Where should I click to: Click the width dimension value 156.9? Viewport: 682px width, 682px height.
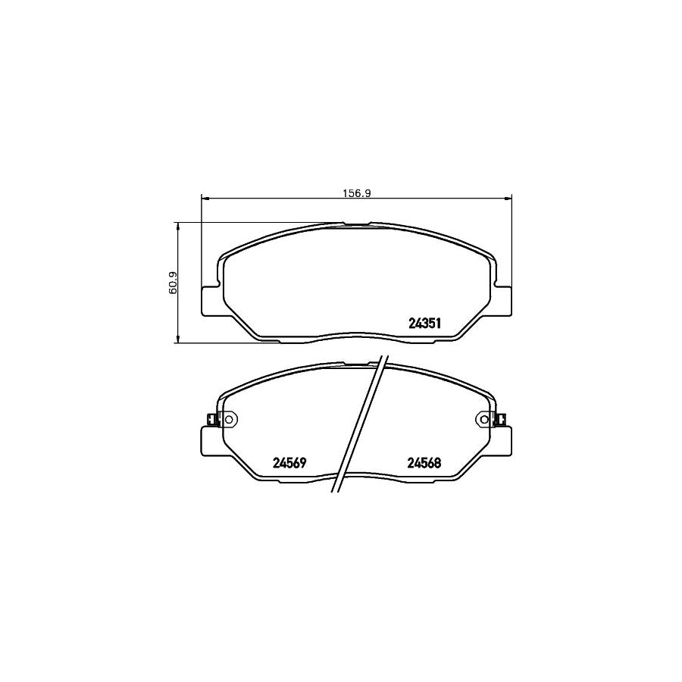click(x=356, y=193)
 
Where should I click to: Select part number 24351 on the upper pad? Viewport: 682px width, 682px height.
click(x=424, y=323)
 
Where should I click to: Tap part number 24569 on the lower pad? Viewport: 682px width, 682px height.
click(x=288, y=463)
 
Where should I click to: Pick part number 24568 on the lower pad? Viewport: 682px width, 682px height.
click(x=424, y=463)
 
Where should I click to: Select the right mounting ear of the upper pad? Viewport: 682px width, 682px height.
click(x=502, y=300)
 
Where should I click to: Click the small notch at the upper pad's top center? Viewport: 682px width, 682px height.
click(x=356, y=224)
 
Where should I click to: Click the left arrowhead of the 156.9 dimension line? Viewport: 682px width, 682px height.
click(x=204, y=199)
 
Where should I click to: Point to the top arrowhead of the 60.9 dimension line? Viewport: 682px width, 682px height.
click(x=177, y=225)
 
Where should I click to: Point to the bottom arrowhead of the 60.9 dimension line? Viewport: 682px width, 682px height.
click(x=177, y=340)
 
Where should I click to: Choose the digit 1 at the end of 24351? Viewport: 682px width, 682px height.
click(x=439, y=323)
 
